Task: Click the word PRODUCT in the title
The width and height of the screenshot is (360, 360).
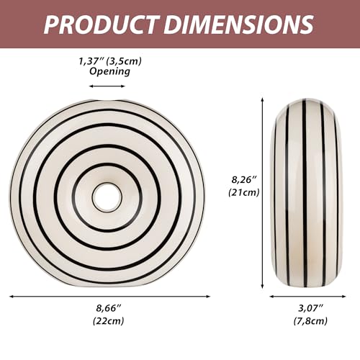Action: click(101, 24)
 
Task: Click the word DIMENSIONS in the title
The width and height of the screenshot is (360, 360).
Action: click(238, 24)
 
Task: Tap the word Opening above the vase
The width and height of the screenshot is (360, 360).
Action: click(109, 71)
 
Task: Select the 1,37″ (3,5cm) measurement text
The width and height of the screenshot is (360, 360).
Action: click(110, 61)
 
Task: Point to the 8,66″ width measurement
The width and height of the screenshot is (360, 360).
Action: click(109, 308)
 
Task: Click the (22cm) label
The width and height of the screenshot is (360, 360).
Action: click(109, 320)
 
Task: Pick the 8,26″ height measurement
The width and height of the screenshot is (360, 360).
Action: click(244, 179)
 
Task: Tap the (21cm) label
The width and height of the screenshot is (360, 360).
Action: click(244, 192)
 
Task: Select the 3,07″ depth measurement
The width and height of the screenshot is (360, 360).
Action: click(310, 308)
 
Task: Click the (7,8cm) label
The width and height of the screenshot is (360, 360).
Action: click(310, 320)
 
